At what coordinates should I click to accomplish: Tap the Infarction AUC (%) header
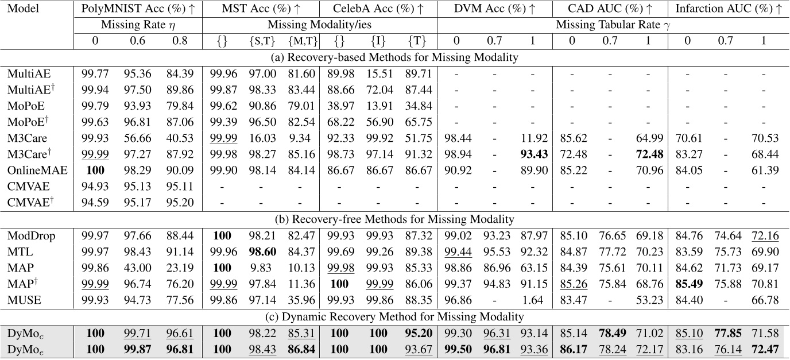tap(729, 9)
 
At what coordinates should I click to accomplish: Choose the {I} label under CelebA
tap(378, 41)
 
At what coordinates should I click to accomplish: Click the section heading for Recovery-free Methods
tap(394, 219)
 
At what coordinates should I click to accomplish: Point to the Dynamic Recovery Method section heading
tap(394, 316)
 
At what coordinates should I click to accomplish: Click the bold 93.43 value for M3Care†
tap(533, 155)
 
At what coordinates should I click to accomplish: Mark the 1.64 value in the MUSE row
tap(533, 297)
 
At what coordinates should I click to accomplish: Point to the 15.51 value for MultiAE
tap(378, 73)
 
